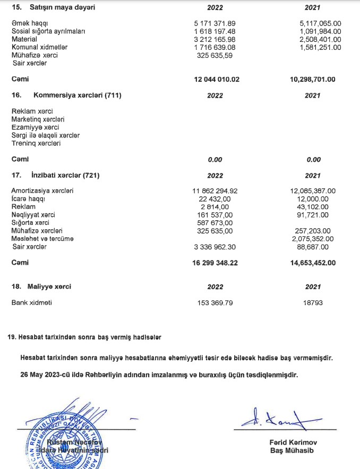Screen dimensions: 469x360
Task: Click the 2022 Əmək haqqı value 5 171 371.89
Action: coord(215,24)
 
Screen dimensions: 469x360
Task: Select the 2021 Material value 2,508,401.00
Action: coord(320,39)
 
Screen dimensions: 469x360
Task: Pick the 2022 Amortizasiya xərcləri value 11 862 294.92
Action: coord(215,191)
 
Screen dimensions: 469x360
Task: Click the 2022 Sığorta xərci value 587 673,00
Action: coord(214,223)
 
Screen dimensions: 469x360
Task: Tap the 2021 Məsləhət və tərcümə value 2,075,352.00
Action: coord(317,239)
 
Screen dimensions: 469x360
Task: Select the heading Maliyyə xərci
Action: coord(49,286)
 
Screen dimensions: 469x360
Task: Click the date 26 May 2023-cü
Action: coord(49,375)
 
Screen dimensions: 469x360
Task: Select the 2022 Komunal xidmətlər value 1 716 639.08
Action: coord(215,47)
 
